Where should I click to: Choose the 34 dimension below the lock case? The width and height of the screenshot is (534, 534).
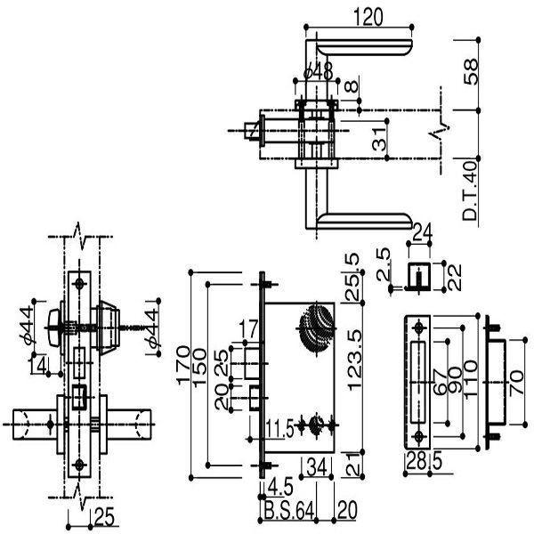316,466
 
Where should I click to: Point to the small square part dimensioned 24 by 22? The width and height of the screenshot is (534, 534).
418,276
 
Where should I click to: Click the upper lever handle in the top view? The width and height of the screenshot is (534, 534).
365,46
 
